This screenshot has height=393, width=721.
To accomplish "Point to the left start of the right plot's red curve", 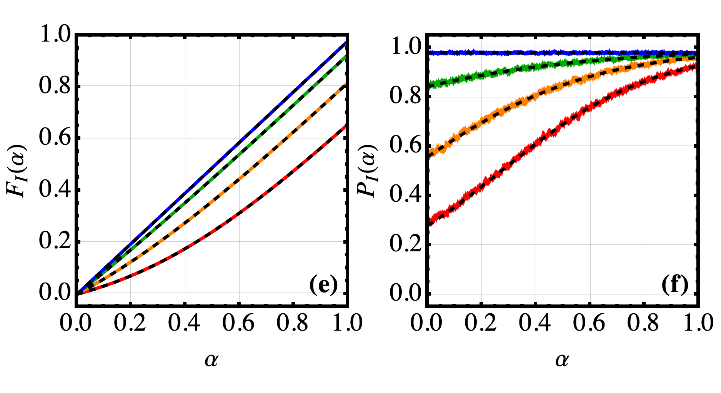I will coord(431,221).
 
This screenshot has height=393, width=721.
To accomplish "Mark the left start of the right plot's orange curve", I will coord(431,152).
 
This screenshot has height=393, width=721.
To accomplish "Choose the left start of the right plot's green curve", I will coord(431,85).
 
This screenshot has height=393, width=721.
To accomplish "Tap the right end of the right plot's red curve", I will coord(695,66).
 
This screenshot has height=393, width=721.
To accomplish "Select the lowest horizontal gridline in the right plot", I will coord(561,294).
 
